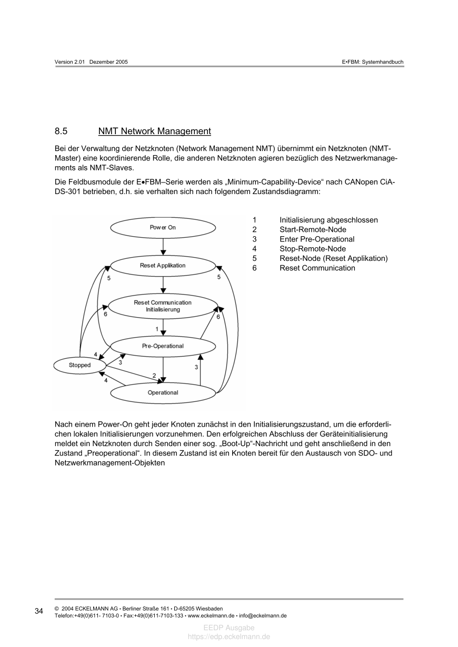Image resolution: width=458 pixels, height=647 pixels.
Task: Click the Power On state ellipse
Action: pos(163,227)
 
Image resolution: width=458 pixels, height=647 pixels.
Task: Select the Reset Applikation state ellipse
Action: pos(163,266)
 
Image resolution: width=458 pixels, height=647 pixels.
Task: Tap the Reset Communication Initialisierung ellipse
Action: pos(163,306)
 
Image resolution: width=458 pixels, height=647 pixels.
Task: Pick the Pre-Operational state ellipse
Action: pos(163,346)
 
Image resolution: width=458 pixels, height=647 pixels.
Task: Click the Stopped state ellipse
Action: pos(79,365)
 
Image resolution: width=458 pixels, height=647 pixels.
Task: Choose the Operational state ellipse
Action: pos(163,392)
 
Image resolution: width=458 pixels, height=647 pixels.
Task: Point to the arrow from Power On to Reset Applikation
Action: pos(163,246)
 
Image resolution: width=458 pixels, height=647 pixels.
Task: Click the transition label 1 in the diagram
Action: pos(157,329)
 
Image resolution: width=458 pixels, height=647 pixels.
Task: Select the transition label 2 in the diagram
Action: pos(154,376)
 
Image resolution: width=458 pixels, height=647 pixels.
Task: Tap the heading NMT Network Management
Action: pos(154,132)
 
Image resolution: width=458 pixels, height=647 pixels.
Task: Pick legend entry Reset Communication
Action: pos(317,268)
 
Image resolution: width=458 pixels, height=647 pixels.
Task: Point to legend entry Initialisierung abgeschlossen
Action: pos(328,220)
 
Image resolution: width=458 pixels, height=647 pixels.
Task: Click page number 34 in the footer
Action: pos(39,611)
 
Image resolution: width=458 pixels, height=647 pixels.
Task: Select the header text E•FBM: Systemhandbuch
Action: pos(372,62)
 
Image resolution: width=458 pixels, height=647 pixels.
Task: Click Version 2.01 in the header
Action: pos(70,62)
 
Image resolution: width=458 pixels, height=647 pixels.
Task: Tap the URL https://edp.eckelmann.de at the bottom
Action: pos(229,636)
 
